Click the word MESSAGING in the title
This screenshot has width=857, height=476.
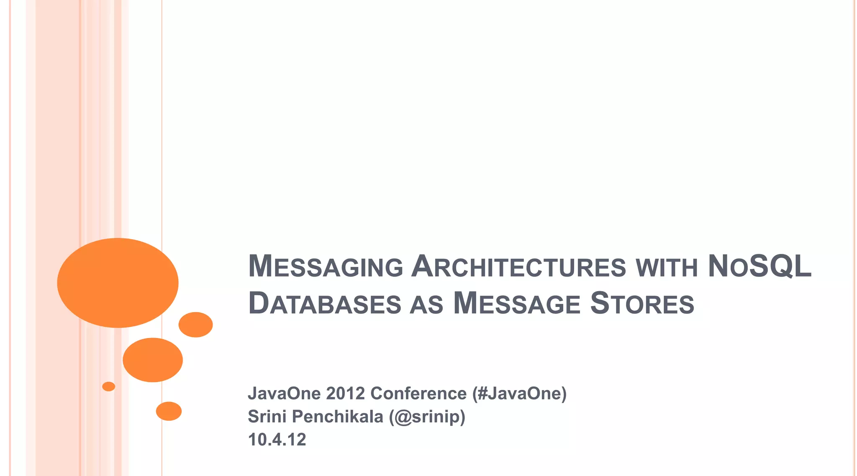pos(326,267)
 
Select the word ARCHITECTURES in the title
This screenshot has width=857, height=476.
pos(518,267)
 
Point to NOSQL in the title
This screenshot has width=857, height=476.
pos(759,267)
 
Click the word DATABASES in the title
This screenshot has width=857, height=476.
pos(325,304)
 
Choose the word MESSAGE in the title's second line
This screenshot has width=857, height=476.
pos(517,304)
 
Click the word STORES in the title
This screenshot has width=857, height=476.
pos(642,304)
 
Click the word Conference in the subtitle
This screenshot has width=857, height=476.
pos(418,394)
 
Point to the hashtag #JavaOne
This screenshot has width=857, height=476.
pos(519,394)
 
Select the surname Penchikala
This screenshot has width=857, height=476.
pos(337,417)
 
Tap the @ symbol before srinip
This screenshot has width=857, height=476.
pos(403,417)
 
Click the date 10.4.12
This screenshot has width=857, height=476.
pos(277,440)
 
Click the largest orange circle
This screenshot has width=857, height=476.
pos(118,283)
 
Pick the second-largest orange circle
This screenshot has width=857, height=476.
pos(153,360)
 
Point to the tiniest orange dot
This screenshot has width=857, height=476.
pos(108,386)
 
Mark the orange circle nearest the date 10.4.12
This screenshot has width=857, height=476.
pos(169,411)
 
